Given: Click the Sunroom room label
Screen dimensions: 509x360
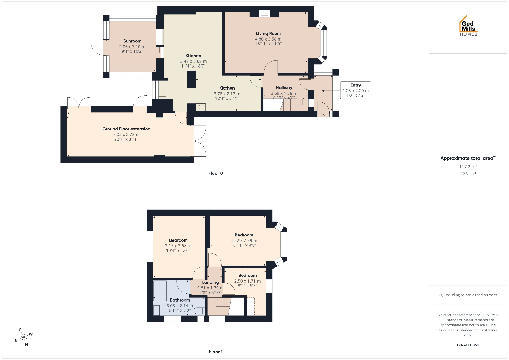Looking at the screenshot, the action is (x=132, y=41).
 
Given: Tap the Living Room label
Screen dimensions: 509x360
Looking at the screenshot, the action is (x=268, y=34).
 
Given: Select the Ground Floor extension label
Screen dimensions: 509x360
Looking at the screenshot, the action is (x=126, y=129).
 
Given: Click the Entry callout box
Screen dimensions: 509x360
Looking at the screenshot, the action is (x=356, y=90).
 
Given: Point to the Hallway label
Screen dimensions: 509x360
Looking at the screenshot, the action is (x=284, y=88).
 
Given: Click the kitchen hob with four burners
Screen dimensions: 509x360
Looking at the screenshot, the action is (x=201, y=107).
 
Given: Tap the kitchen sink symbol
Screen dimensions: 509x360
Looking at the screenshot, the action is (x=162, y=90).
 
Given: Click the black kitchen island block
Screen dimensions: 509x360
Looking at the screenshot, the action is (x=192, y=80).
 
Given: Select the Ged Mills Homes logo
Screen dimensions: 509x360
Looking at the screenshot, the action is (x=468, y=26).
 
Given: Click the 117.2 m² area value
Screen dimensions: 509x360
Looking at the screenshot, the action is (x=468, y=166).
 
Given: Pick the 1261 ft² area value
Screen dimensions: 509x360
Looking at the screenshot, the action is (x=468, y=174).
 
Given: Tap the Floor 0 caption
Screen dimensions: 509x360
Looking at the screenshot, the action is (x=216, y=173).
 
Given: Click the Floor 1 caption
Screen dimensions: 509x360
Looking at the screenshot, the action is (x=216, y=352).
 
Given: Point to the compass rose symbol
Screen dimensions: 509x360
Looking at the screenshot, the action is (x=24, y=337).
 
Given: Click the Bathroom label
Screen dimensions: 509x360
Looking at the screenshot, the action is (x=180, y=300).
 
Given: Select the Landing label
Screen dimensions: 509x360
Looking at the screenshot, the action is (x=210, y=283).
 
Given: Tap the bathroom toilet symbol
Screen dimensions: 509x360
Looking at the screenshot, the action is (x=199, y=311).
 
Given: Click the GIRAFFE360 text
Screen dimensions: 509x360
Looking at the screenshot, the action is (x=468, y=345).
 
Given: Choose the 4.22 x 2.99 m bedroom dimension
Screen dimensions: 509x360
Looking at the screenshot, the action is (x=244, y=241).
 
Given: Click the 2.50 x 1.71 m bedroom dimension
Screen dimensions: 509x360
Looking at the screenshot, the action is (x=247, y=281).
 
